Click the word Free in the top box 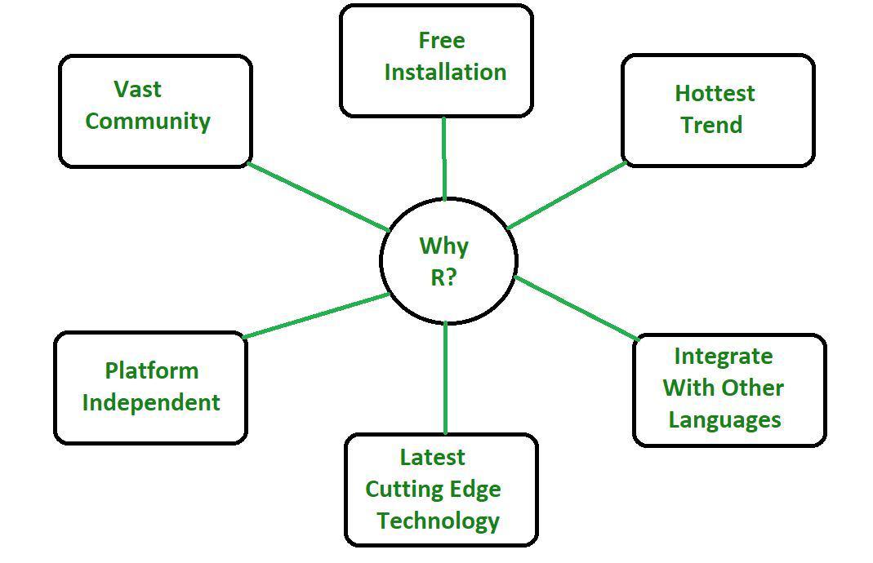[x=442, y=40]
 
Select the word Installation [x=445, y=72]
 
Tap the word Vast [x=138, y=88]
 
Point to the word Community [x=148, y=121]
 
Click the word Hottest [x=715, y=93]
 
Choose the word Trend [x=711, y=125]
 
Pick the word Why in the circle [x=443, y=246]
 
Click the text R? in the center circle [x=443, y=277]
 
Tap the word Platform [x=151, y=370]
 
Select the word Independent [x=151, y=402]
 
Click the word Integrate [x=723, y=357]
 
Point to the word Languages [x=724, y=420]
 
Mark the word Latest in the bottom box [x=432, y=457]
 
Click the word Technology [x=438, y=521]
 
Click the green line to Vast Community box [x=318, y=197]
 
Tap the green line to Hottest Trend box [x=566, y=195]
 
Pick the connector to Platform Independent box [x=316, y=315]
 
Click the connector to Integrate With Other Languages [x=576, y=308]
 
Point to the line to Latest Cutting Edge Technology [x=445, y=378]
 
